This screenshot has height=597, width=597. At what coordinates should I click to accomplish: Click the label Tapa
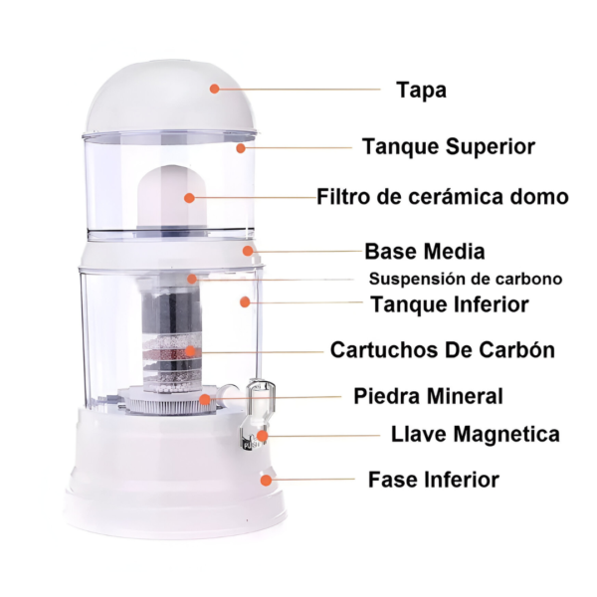point(421,90)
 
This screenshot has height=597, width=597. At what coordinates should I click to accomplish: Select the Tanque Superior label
point(448,146)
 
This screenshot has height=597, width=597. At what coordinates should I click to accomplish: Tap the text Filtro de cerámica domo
point(443,197)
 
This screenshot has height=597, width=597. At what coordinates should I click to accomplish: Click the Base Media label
point(425,251)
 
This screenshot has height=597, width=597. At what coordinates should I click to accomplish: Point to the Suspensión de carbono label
point(466,279)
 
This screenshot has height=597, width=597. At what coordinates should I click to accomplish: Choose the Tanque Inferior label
point(449,304)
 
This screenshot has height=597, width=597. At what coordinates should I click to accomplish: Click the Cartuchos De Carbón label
point(442,350)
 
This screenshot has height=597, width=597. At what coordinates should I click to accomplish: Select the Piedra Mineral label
point(428,396)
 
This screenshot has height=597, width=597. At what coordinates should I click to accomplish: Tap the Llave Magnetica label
point(461,435)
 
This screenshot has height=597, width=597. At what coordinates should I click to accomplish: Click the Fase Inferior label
point(433,480)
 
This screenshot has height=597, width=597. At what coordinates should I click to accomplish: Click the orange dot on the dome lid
point(214,88)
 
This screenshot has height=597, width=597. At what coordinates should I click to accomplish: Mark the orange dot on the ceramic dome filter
point(188,197)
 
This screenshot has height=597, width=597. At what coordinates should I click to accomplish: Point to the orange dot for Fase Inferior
point(266,480)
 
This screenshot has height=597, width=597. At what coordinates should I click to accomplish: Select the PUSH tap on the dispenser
point(251,441)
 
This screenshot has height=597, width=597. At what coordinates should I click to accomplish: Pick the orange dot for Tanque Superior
point(240,147)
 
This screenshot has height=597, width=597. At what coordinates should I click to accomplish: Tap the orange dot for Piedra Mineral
point(204,399)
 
